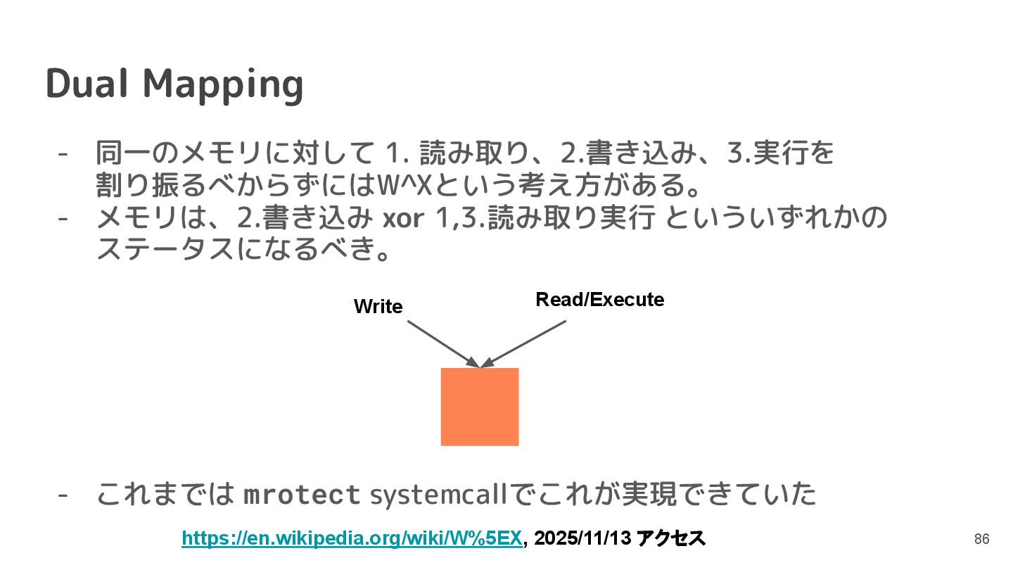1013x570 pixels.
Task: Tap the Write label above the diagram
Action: tap(378, 307)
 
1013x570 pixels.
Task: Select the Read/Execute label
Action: tap(599, 300)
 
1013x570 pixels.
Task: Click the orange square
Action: tap(479, 407)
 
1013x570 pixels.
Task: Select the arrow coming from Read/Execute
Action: tap(525, 343)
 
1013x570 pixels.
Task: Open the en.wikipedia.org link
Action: tap(352, 538)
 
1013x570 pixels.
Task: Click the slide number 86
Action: tap(981, 539)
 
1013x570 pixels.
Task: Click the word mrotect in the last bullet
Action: tap(301, 495)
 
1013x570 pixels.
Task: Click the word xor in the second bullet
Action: tap(402, 219)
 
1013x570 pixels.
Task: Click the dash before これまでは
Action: tap(63, 495)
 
